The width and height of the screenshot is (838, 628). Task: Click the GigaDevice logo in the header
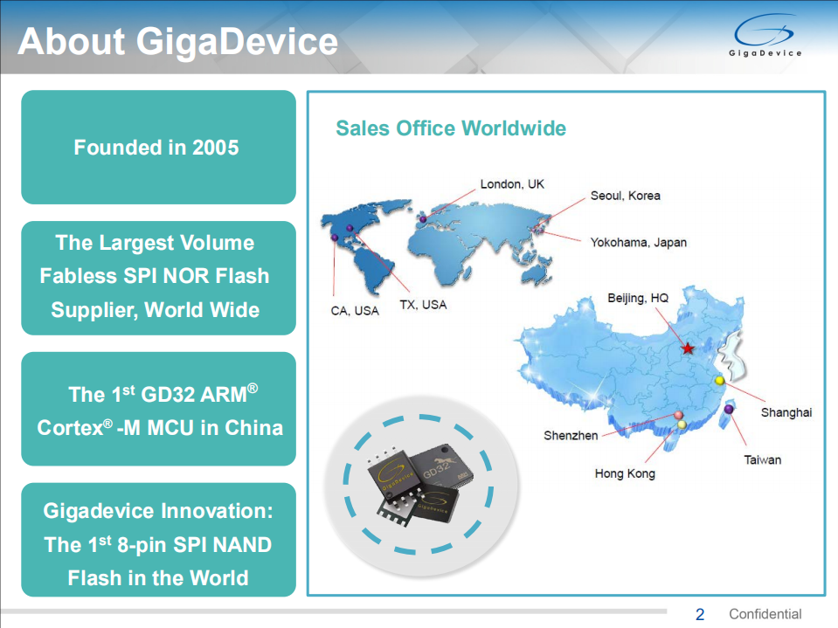[765, 37]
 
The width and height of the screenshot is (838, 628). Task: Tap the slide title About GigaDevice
[177, 41]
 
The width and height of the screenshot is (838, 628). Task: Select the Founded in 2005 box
[157, 147]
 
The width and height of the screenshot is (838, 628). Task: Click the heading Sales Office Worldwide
[451, 128]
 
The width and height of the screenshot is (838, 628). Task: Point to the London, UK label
[512, 184]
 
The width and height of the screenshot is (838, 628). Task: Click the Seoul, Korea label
[625, 196]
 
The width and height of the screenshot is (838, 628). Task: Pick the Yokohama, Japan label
[638, 242]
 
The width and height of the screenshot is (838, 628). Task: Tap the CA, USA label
[355, 311]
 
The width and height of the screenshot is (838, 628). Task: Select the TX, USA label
[423, 305]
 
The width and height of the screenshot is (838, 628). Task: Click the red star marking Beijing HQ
[688, 349]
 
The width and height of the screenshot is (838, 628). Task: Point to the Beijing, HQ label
[638, 299]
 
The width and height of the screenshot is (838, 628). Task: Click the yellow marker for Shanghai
[719, 381]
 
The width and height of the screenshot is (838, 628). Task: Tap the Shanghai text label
[786, 412]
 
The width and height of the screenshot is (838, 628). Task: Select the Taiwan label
[762, 459]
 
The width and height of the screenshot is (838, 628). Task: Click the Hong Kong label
[625, 473]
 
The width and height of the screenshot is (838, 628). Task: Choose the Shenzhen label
[571, 435]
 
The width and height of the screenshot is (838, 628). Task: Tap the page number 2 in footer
[699, 614]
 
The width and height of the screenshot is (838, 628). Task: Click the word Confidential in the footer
[765, 614]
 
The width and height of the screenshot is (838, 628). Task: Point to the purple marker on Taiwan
[728, 409]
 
